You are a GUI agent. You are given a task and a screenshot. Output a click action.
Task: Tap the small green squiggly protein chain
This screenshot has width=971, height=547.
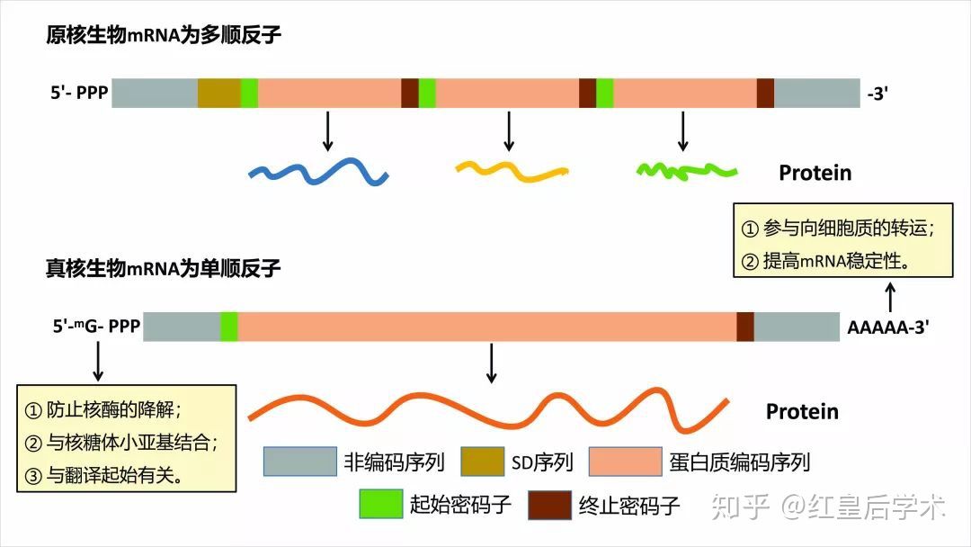(687, 168)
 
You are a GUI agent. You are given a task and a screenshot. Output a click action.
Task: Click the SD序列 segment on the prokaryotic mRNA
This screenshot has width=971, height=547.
(218, 94)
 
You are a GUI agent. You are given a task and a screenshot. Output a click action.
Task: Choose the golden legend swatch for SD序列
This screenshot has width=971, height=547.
(483, 462)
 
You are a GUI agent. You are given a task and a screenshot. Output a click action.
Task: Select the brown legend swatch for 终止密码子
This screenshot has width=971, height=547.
(550, 504)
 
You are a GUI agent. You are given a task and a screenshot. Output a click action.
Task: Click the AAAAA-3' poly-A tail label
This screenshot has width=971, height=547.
(887, 327)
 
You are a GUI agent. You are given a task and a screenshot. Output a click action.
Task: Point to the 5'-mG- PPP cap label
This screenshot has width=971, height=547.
(96, 327)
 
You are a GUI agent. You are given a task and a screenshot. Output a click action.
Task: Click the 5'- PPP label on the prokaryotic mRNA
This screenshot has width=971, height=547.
(79, 94)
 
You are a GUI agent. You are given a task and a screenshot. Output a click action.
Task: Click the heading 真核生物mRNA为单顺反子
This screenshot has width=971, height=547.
(164, 267)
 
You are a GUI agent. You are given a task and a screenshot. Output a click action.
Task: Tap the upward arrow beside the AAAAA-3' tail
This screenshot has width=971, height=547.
(891, 296)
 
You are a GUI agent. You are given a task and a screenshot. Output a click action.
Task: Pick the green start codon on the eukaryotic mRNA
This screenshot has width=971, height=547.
(229, 327)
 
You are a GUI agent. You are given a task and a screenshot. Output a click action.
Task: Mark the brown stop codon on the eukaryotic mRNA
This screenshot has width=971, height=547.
(744, 327)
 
